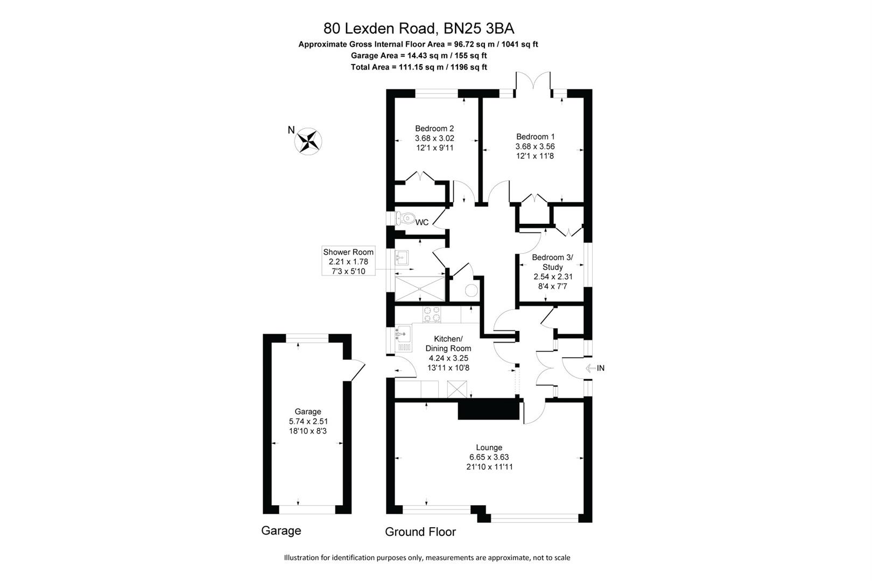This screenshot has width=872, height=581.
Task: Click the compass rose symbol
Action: pos(308,142)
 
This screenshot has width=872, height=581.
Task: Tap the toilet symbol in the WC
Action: pos(405,218)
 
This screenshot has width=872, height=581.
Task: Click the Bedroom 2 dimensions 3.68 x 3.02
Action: pos(434,138)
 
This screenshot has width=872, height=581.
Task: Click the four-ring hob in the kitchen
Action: pos(431,314)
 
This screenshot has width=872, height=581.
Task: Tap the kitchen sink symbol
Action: pos(402,335)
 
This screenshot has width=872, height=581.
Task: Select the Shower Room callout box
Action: pos(348,261)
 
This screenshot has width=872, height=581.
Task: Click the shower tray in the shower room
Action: pos(420,288)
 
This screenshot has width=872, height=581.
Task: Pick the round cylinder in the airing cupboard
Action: pos(471,290)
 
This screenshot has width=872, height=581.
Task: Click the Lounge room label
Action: pos(489,447)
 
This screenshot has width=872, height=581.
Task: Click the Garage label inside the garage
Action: pos(308,412)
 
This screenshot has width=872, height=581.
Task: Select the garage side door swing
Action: pos(356,370)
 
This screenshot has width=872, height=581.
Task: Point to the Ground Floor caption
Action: pos(420,532)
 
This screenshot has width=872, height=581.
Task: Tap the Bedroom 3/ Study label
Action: pos(553,262)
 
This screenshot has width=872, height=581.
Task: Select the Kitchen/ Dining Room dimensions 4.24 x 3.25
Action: pos(448,358)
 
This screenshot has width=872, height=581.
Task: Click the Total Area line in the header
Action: pos(418,67)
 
